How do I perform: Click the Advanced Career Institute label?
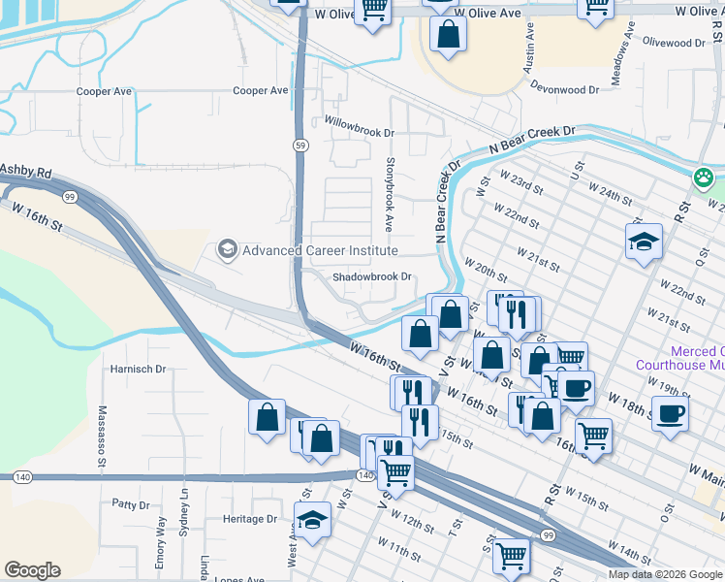320,250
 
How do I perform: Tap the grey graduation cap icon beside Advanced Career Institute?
228,250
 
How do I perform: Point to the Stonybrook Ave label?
389,194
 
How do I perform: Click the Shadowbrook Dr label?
373,276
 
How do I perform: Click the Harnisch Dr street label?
139,369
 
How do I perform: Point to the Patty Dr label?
130,504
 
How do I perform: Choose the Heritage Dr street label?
250,519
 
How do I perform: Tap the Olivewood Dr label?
674,43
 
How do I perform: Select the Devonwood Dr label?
566,89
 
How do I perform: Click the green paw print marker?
704,178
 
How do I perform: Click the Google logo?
32,570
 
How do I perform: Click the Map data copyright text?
664,574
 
